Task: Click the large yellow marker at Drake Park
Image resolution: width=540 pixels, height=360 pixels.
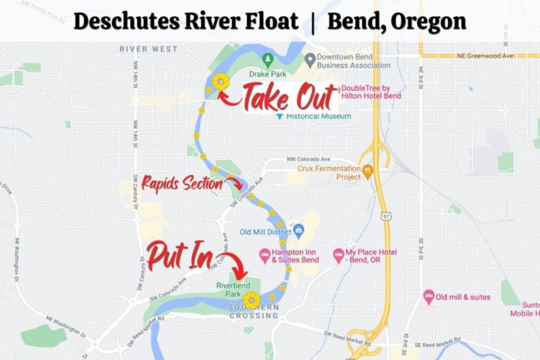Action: (221, 82)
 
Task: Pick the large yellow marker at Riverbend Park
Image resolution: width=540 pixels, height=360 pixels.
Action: (251, 301)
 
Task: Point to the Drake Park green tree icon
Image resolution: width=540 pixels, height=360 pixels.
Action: (267, 58)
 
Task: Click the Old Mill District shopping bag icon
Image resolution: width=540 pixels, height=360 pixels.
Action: (298, 229)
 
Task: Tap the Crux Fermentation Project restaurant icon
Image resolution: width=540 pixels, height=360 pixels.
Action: (366, 169)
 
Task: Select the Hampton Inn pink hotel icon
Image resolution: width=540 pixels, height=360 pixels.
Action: (264, 253)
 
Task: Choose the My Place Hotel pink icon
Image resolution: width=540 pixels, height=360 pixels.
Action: (338, 253)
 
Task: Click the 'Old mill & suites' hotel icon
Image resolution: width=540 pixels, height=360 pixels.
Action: (428, 297)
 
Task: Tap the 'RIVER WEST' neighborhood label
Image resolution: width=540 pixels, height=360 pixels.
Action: (148, 49)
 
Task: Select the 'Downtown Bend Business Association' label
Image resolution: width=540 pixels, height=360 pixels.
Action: (347, 60)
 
